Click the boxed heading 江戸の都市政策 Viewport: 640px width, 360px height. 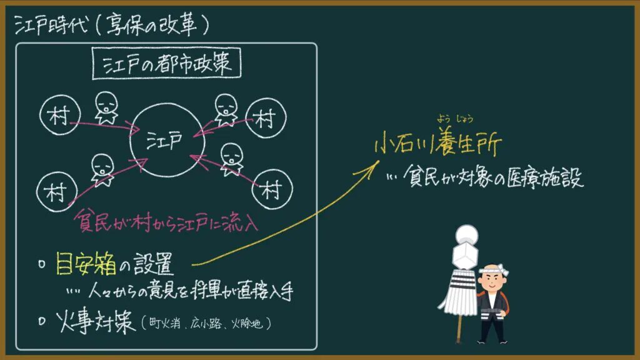point(166,63)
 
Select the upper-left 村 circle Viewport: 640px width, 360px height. point(40,115)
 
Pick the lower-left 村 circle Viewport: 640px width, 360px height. point(37,192)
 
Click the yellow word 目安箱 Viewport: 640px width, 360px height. point(86,263)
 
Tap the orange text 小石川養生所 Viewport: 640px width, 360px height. point(438,143)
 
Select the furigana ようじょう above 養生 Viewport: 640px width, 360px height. point(455,119)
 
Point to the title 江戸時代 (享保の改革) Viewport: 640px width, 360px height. point(111,25)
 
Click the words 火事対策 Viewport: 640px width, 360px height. point(96,321)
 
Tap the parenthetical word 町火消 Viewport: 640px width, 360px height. point(164,324)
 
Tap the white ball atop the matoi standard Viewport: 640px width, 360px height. point(466,235)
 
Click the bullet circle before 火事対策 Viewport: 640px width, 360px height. point(42,321)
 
